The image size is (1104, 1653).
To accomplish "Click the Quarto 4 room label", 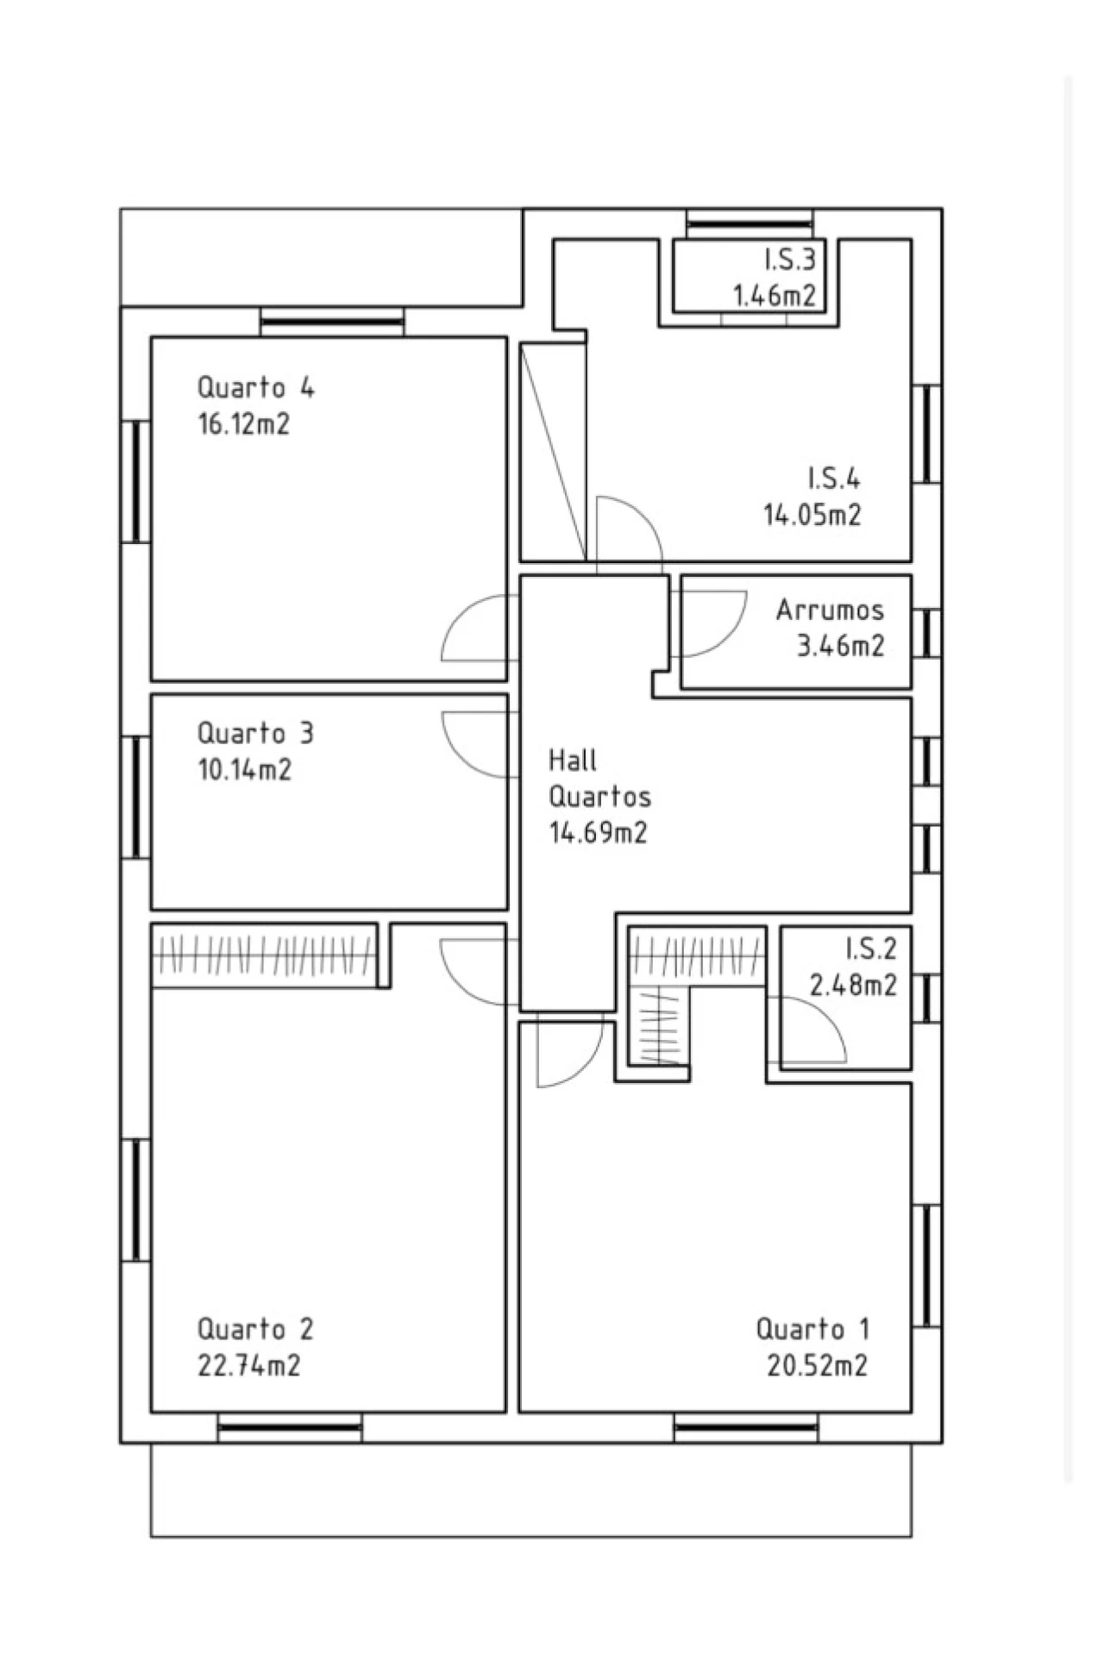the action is coord(256,387).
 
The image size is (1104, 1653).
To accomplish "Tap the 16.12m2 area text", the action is coord(244,424).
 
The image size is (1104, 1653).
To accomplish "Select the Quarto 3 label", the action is coord(256,733).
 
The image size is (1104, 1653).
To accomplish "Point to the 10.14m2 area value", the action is coord(245,769).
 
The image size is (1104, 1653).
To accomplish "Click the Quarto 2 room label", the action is coord(256,1329).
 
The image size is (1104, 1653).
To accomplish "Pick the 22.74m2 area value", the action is coord(249,1366).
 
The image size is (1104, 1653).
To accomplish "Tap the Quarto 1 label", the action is coord(812,1329).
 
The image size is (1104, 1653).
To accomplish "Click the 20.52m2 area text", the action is coord(818,1366).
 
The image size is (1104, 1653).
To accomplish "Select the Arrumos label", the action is coord(830,610).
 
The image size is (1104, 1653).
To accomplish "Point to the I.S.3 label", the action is coord(789,259).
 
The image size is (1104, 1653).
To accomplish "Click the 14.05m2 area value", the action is coord(812,515).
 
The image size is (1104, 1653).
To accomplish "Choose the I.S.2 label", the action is coord(871,949).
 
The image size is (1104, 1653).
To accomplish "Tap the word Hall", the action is coord(573,760).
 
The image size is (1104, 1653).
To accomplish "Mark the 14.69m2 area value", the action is coord(599,833).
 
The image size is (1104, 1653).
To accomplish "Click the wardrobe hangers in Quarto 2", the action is coord(264,955).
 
